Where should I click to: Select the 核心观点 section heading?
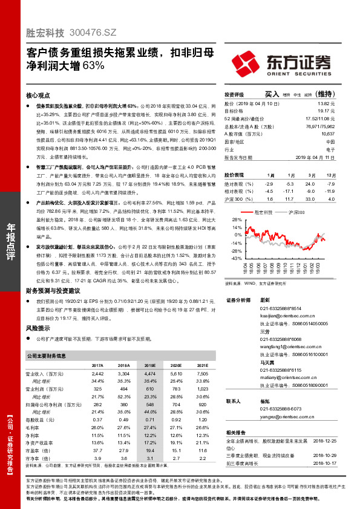tap(38, 96)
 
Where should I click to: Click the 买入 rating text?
tap(272, 94)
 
